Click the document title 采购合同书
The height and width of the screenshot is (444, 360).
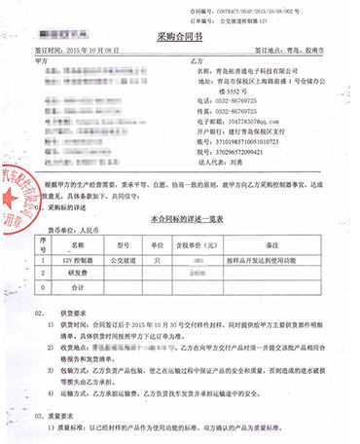tap(179, 37)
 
